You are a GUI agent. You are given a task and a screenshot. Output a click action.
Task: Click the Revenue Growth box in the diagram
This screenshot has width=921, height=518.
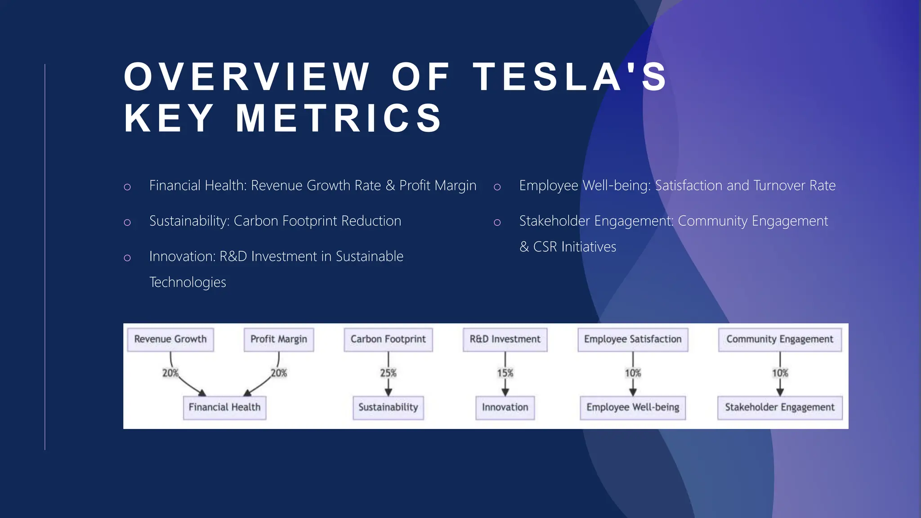click(170, 339)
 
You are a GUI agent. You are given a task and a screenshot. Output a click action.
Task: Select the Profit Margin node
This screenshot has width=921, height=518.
click(279, 339)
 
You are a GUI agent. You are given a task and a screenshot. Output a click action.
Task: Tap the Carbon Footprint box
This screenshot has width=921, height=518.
click(388, 339)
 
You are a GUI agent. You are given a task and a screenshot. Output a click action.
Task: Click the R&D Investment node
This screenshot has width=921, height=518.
click(505, 339)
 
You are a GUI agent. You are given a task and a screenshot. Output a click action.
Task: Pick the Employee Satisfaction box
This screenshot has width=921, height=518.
click(633, 339)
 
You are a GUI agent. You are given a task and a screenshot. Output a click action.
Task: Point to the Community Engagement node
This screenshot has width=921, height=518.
click(780, 339)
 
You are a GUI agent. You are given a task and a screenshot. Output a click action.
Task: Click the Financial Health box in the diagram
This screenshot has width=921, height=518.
click(224, 407)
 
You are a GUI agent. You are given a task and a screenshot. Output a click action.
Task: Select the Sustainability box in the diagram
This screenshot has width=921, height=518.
click(388, 407)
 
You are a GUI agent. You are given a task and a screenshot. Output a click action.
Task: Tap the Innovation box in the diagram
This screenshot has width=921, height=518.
click(505, 407)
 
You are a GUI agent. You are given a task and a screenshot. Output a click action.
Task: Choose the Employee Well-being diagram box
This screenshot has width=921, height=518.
click(633, 407)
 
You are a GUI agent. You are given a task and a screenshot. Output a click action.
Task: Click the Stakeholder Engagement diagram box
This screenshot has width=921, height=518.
click(780, 407)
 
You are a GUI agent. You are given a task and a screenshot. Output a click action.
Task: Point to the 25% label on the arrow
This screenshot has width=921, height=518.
click(388, 373)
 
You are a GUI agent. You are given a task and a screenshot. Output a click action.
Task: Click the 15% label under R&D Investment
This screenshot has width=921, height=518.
click(505, 373)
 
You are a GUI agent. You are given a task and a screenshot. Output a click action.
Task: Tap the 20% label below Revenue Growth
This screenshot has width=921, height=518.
click(170, 373)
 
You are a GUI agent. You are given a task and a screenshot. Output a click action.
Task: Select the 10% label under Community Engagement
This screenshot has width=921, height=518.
click(780, 373)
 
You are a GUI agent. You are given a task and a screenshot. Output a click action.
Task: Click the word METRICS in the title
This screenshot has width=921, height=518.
click(340, 118)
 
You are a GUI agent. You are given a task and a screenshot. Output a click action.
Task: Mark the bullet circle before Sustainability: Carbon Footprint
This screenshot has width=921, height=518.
click(127, 222)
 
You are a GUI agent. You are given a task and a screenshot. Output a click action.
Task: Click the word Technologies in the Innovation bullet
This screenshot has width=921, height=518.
click(188, 282)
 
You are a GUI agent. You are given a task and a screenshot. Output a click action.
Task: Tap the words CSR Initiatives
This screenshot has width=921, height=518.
click(574, 247)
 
